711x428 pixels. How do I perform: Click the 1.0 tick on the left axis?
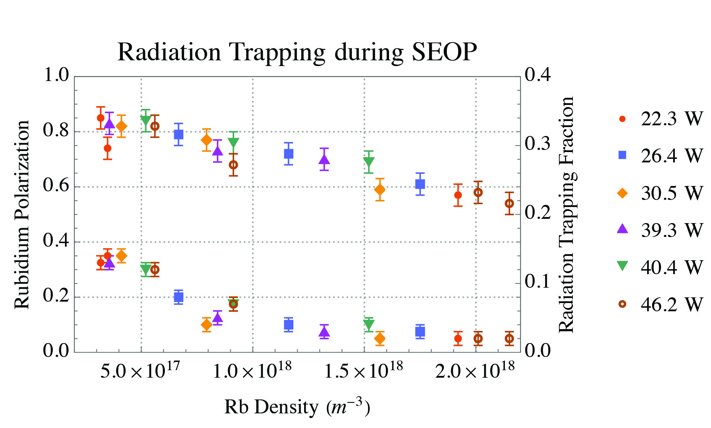click(56, 75)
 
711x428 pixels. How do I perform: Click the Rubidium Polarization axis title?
click(22, 214)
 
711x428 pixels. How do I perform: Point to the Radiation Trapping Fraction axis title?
click(567, 214)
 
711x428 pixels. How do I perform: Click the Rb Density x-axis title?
click(297, 407)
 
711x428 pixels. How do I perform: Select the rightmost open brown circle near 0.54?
click(509, 203)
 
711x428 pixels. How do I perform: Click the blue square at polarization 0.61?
click(420, 184)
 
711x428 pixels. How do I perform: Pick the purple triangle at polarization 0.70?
click(324, 159)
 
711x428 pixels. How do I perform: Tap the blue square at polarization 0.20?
click(178, 297)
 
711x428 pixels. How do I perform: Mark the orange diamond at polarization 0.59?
click(380, 190)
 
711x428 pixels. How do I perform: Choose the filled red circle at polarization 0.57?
click(458, 195)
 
